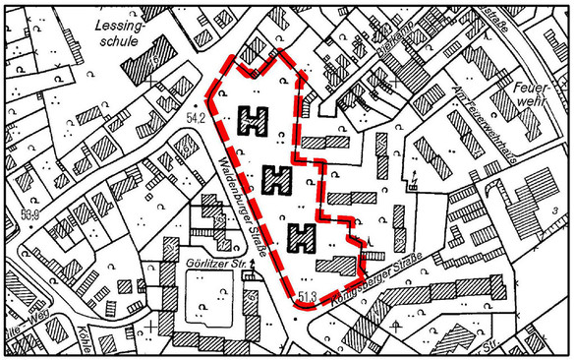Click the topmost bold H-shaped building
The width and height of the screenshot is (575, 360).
[x=255, y=121]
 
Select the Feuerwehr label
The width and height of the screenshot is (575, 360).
[x=530, y=94]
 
